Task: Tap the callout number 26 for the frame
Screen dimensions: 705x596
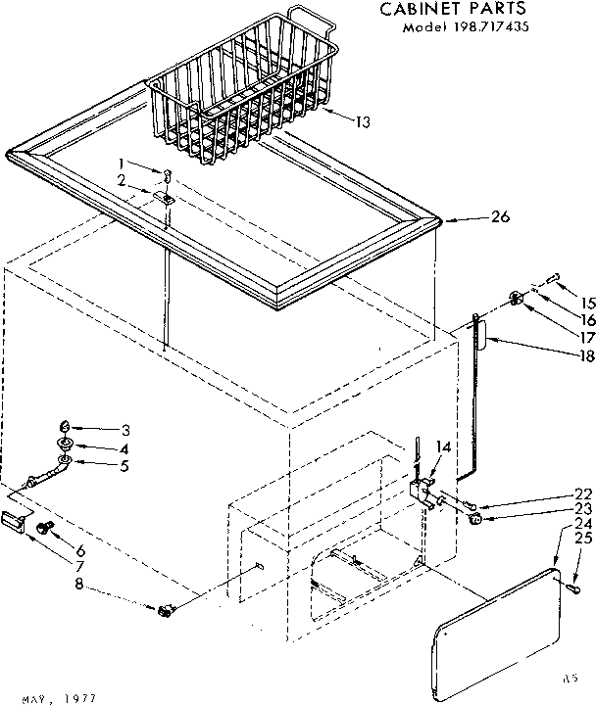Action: [x=499, y=217]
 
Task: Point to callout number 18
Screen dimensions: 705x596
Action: [x=585, y=355]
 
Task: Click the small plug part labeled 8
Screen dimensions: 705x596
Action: [x=165, y=611]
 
